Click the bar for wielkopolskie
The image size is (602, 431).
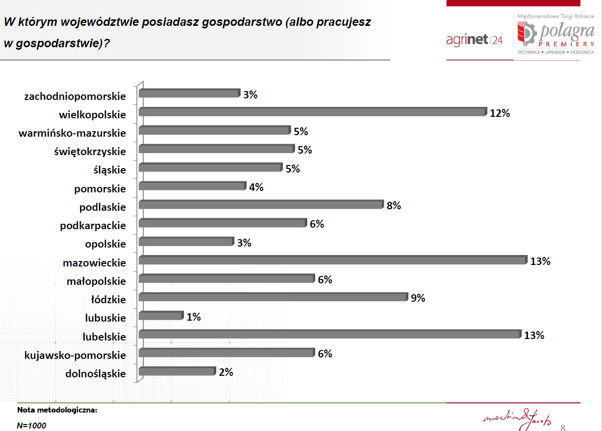click(x=313, y=112)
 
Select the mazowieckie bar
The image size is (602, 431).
click(x=333, y=260)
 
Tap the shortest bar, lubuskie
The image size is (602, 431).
click(x=161, y=316)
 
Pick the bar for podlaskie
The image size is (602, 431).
click(x=261, y=204)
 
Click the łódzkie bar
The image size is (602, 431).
click(x=273, y=297)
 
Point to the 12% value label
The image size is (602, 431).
click(x=500, y=113)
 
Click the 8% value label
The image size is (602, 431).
click(x=394, y=206)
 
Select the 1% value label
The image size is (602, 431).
click(x=193, y=317)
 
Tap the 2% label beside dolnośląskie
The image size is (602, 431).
click(x=226, y=372)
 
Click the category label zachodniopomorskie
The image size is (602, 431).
click(x=75, y=96)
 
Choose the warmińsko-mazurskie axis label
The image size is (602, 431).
click(x=72, y=133)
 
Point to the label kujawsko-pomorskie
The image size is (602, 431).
click(x=75, y=355)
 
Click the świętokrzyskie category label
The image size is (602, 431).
click(x=90, y=152)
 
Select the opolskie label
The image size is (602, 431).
click(x=105, y=244)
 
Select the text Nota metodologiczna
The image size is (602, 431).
click(x=57, y=410)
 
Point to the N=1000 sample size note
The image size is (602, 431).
click(x=31, y=426)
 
